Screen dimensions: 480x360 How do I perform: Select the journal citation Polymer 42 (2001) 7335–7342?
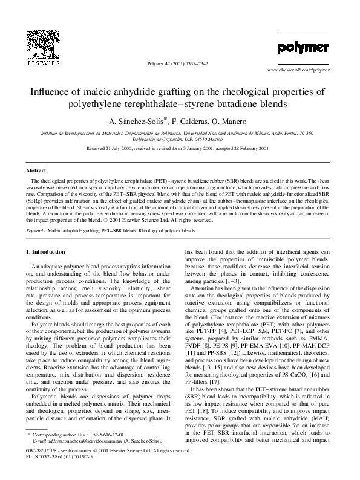[x=180, y=63]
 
